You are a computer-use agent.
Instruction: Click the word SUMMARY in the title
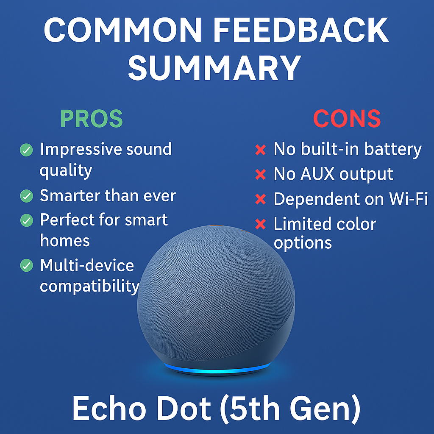coord(214,68)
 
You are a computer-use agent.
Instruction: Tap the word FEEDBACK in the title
coord(301,30)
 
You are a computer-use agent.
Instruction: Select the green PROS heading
coord(92,119)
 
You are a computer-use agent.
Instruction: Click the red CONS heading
coord(347,119)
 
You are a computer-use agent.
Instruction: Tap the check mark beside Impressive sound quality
coord(26,150)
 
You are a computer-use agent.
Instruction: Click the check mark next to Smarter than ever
coord(26,196)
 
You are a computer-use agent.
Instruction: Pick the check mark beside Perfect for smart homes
coord(26,220)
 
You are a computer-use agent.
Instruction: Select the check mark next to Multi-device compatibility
coord(26,265)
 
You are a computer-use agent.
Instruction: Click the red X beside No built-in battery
coord(261,150)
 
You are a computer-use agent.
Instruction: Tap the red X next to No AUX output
coord(261,174)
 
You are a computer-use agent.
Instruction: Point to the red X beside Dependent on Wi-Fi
coord(261,199)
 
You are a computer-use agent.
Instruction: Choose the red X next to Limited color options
coord(261,224)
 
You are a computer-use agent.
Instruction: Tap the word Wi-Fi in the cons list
coord(409,198)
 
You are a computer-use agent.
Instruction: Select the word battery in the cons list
coord(393,150)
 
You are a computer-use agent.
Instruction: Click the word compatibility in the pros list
coord(90,286)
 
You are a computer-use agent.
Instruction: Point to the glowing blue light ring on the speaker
coord(217,369)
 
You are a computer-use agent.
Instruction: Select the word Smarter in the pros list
coord(70,195)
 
